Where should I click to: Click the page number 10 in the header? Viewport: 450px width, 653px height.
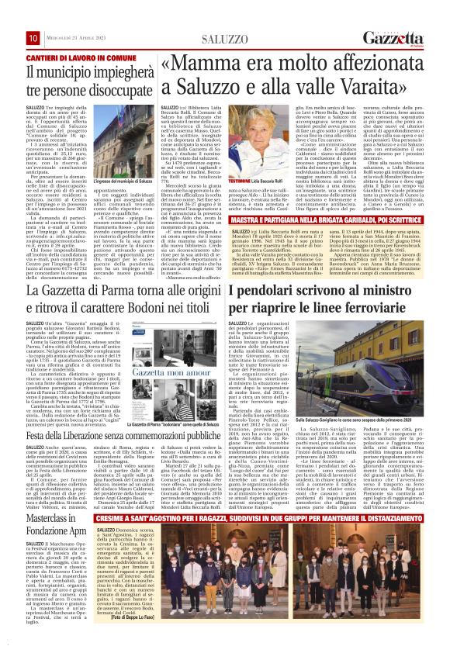click(33, 38)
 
